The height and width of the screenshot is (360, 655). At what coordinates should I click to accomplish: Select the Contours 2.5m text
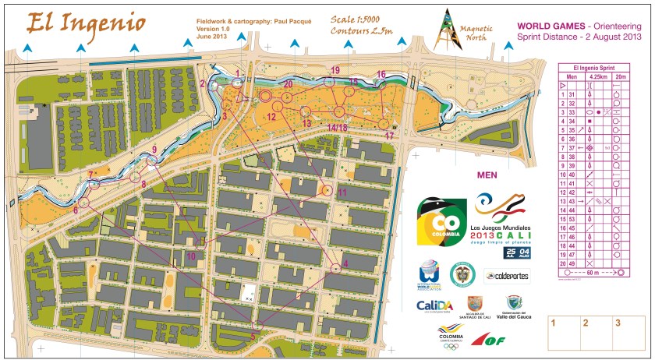pyautogui.click(x=361, y=31)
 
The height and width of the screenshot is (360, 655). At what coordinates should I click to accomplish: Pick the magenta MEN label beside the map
pyautogui.click(x=487, y=175)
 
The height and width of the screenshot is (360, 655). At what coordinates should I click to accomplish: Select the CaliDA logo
pyautogui.click(x=436, y=305)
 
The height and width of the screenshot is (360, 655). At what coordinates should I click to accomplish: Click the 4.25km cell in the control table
pyautogui.click(x=598, y=76)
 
